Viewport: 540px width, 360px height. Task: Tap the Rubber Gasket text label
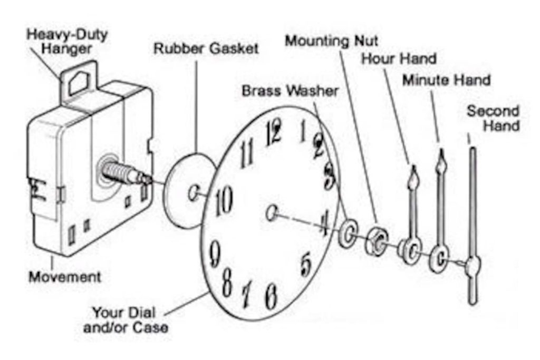(x=206, y=49)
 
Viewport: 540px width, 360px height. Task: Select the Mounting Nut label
(x=332, y=40)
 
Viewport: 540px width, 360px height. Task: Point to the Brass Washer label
(x=290, y=91)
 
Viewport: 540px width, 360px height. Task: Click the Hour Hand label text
(x=398, y=59)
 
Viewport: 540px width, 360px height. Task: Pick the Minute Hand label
(x=446, y=80)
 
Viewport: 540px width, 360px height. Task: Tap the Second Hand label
(x=493, y=119)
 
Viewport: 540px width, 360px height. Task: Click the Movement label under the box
(x=64, y=276)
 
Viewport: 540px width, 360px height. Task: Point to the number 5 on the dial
(x=305, y=264)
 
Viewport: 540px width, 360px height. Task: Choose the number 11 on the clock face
(x=246, y=154)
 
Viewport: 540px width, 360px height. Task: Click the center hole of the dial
(x=272, y=213)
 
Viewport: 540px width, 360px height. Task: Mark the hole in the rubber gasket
(x=194, y=192)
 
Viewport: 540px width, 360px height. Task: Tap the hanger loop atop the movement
(x=78, y=80)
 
